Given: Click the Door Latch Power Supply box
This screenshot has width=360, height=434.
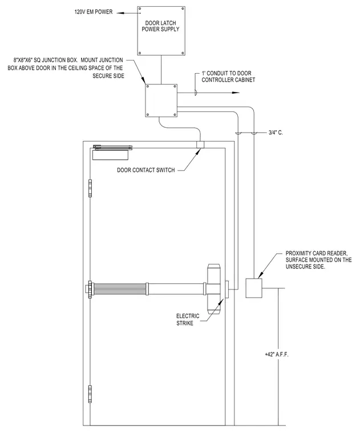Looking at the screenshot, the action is [x=161, y=31].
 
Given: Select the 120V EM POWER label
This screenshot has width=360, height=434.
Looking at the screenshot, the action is [x=94, y=12].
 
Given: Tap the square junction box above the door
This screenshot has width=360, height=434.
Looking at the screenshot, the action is [x=161, y=101].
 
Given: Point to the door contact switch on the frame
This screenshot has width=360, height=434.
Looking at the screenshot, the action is [x=200, y=144].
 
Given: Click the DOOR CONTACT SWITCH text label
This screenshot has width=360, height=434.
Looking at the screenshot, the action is [x=145, y=170].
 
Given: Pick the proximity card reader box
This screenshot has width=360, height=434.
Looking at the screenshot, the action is [x=254, y=288].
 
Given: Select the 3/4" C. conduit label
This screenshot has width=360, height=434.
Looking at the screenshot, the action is [x=276, y=132].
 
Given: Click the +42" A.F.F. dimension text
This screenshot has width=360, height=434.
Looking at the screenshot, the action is [x=277, y=354].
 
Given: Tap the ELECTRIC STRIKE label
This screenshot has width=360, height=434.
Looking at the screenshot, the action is [x=188, y=319].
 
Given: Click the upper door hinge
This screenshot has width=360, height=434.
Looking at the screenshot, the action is [x=90, y=188].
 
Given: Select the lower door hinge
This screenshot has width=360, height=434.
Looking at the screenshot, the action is [x=90, y=393].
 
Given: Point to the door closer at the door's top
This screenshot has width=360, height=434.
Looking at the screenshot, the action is [x=112, y=152].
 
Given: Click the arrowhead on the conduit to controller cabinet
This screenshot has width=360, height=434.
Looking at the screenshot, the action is [x=236, y=93].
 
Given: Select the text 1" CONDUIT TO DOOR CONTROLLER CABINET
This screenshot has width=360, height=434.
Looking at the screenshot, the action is [x=228, y=77].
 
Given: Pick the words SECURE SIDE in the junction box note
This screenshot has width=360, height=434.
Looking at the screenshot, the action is [x=108, y=76].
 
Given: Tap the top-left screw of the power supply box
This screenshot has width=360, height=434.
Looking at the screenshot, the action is [x=140, y=9].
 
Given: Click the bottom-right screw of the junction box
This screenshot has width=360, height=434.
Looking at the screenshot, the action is [x=175, y=114].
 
